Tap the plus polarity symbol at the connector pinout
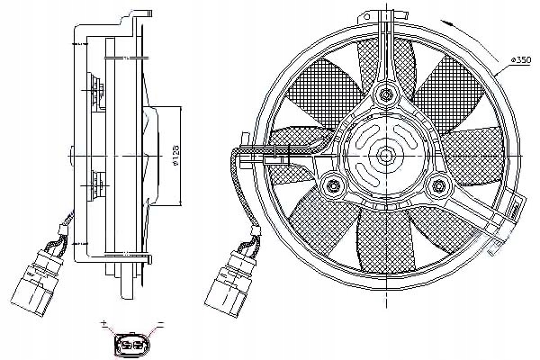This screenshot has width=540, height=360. click(105, 323)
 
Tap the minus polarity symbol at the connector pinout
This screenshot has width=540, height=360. click(161, 323)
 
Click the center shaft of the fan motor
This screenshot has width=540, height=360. click(386, 155)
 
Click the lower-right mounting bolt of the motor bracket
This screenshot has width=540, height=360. click(440, 186)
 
